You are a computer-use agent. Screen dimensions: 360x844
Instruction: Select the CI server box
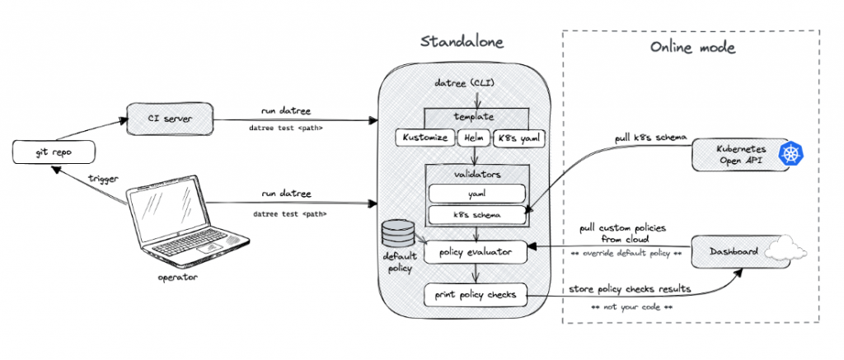pyautogui.click(x=171, y=119)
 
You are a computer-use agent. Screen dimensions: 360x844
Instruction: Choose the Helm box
pyautogui.click(x=473, y=138)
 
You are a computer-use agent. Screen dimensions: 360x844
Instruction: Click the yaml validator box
pyautogui.click(x=476, y=194)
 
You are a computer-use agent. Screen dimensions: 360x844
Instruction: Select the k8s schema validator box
pyautogui.click(x=476, y=215)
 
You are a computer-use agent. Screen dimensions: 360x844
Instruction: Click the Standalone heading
pyautogui.click(x=463, y=41)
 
